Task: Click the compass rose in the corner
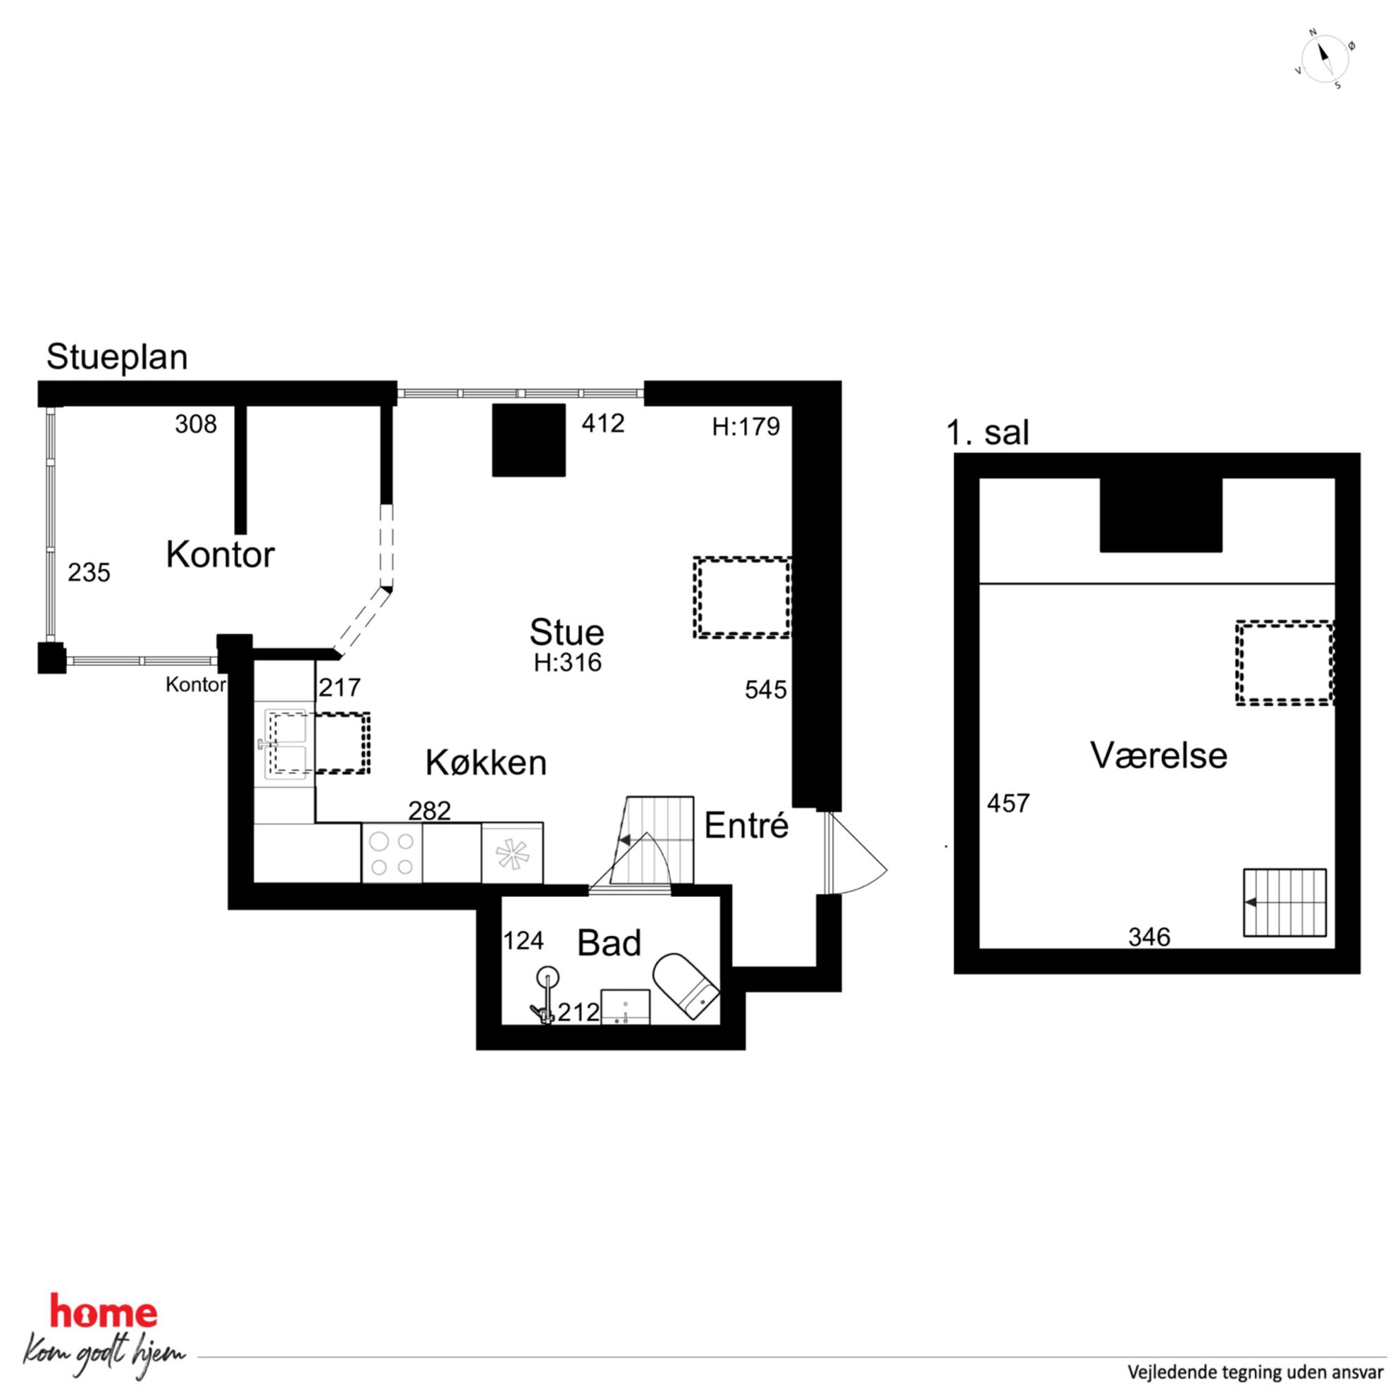(1324, 59)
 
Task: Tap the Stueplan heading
(117, 357)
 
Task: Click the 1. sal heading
(987, 432)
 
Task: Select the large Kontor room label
(220, 555)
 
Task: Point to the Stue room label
(567, 631)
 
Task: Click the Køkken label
(485, 762)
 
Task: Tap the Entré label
(746, 826)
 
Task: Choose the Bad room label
(610, 943)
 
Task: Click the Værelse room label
(1158, 755)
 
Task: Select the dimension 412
(602, 423)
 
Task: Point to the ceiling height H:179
(746, 427)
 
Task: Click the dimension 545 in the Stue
(765, 690)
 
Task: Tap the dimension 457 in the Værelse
(1008, 803)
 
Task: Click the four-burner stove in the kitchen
(392, 854)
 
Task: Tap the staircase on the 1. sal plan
(1285, 903)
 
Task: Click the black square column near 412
(529, 440)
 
